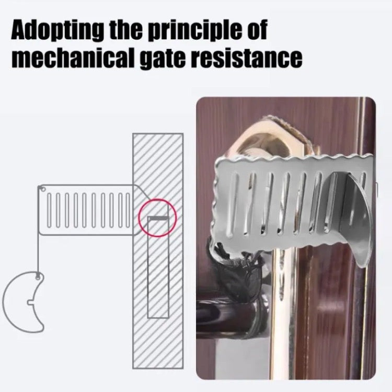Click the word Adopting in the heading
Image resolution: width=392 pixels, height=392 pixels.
click(57, 30)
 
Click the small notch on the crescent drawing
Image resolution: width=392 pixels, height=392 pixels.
click(30, 303)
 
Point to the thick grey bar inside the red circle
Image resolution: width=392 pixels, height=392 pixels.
click(158, 218)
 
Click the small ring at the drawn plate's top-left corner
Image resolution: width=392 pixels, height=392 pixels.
click(42, 188)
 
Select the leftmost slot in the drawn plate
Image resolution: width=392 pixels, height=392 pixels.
click(49, 210)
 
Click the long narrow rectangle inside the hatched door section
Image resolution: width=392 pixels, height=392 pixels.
click(158, 268)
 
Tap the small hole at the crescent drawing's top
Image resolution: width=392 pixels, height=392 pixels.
click(38, 277)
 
